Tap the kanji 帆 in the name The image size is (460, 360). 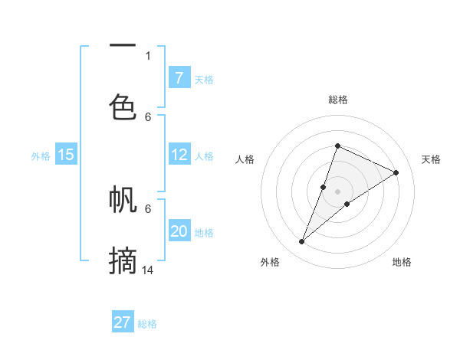pos(123,201)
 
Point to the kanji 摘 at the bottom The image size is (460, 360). pos(123,260)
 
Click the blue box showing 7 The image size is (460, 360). pos(179,77)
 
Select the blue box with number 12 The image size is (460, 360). pos(179,155)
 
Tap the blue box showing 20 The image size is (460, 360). pos(179,231)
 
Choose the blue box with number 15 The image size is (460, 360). pos(66,155)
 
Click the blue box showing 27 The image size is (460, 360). pos(123,322)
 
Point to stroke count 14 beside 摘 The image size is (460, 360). pos(149,270)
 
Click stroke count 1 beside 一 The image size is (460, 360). pos(148,55)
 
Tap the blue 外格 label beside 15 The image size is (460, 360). pos(41,155)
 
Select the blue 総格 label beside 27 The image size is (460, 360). pos(147,323)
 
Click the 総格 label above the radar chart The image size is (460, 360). pos(338,100)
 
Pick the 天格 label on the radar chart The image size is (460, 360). pos(431,159)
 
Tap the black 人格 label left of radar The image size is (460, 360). pos(245,159)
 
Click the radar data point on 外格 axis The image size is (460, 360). pos(302,242)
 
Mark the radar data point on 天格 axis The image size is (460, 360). pos(396,172)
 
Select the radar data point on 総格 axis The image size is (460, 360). pos(337,146)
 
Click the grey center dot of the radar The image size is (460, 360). pos(337,191)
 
